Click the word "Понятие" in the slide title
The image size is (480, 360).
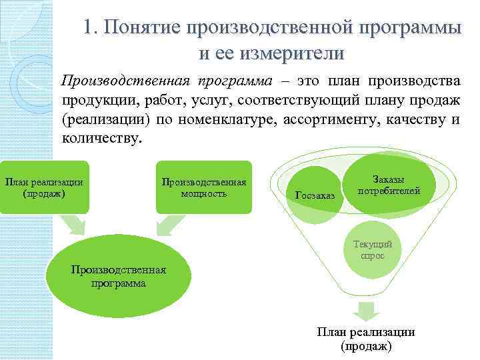[x=141, y=28]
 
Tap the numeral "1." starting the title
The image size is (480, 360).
[x=92, y=28]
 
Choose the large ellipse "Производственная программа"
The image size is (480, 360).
[x=119, y=275]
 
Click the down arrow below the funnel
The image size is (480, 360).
[x=365, y=311]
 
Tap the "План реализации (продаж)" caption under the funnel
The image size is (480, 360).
[x=365, y=339]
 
